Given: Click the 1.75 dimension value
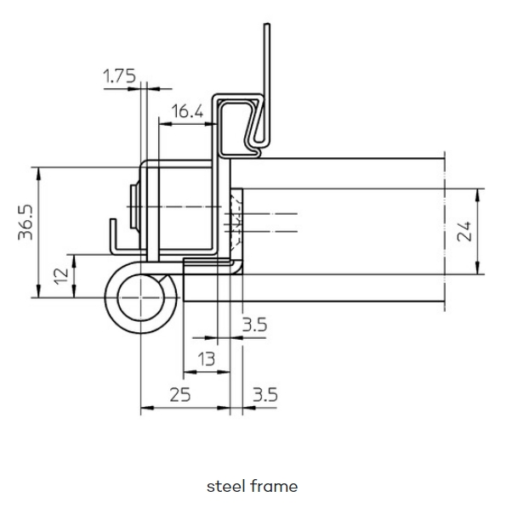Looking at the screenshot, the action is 119,76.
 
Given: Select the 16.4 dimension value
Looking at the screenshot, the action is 187,111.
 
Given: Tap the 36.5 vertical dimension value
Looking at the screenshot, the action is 26,222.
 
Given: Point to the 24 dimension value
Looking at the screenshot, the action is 464,231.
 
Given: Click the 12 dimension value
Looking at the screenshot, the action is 61,276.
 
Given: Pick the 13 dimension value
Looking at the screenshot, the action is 207,359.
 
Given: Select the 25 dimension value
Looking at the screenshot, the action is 180,394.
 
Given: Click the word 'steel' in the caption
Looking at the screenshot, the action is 226,486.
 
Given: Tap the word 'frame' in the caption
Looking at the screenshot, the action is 274,486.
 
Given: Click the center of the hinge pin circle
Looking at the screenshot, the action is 140,297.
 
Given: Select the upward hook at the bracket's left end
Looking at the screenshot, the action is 113,234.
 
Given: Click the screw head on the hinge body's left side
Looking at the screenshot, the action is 134,206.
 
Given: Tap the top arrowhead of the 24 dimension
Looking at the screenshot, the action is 477,195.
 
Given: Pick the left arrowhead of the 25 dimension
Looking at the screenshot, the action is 146,408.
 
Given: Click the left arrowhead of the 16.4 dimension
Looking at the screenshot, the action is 165,124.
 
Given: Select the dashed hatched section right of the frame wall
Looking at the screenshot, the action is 236,223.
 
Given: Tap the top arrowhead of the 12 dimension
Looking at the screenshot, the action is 74,260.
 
